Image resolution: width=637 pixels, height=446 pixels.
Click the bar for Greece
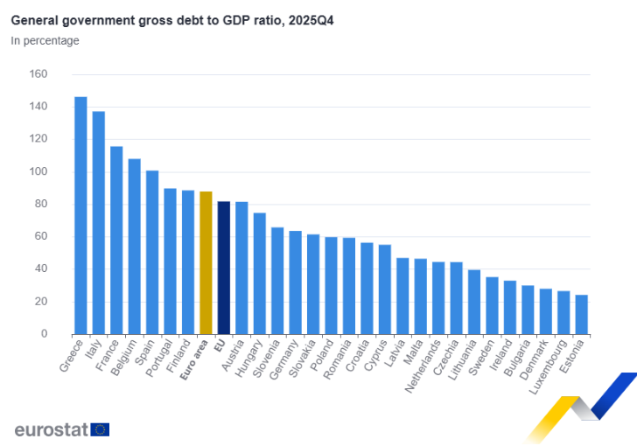80,216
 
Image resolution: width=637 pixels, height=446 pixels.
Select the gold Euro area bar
206,263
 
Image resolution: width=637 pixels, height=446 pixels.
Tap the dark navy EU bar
224,268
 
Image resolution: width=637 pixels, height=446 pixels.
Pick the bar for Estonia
582,315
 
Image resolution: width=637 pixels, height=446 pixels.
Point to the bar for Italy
99,223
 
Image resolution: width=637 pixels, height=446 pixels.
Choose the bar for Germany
296,282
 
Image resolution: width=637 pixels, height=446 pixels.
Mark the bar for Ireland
510,308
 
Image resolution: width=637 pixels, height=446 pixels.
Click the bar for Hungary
260,274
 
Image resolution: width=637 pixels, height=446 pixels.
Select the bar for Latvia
402,296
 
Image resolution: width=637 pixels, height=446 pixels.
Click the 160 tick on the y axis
38,74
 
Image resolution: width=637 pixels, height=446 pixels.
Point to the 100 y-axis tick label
38,171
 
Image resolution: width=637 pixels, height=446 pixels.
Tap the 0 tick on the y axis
44,334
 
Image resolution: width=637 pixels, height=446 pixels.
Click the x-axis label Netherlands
423,366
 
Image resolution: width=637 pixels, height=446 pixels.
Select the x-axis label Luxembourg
548,367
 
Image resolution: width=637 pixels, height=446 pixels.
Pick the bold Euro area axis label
193,360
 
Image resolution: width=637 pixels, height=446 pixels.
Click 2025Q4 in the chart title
311,20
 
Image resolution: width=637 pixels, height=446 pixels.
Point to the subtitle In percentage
45,40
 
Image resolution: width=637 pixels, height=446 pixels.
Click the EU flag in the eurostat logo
100,429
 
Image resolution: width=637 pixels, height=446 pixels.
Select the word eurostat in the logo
52,429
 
